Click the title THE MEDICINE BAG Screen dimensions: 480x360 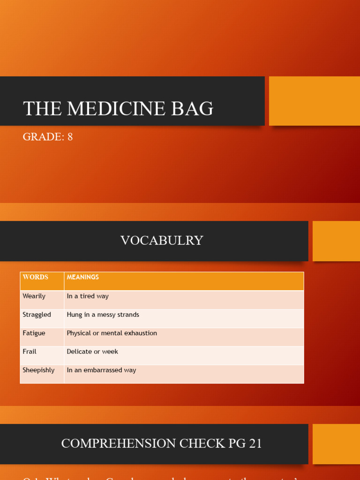pyautogui.click(x=118, y=109)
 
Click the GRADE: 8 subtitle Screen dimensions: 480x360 pyautogui.click(x=48, y=137)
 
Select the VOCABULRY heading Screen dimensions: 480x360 pyautogui.click(x=162, y=240)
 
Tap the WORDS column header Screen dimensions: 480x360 pyautogui.click(x=36, y=277)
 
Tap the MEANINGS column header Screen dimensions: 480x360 pyautogui.click(x=83, y=277)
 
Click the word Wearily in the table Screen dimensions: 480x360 pyautogui.click(x=34, y=296)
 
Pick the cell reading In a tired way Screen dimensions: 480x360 pyautogui.click(x=88, y=296)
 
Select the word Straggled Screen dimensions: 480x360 pyautogui.click(x=37, y=315)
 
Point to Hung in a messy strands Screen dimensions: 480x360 pyautogui.click(x=103, y=315)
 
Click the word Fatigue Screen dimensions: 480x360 pyautogui.click(x=34, y=333)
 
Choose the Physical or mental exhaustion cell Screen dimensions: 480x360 pyautogui.click(x=112, y=333)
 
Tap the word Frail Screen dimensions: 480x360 pyautogui.click(x=30, y=352)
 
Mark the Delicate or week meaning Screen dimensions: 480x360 pyautogui.click(x=92, y=352)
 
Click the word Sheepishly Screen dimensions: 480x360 pyautogui.click(x=38, y=370)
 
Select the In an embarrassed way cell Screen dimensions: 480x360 pyautogui.click(x=101, y=370)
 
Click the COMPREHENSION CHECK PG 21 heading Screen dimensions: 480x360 pyautogui.click(x=162, y=443)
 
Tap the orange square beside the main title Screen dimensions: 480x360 pyautogui.click(x=314, y=101)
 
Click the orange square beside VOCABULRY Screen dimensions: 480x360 pyautogui.click(x=336, y=241)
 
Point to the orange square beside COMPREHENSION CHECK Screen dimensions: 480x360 pyautogui.click(x=336, y=444)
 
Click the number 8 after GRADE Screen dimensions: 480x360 pyautogui.click(x=70, y=137)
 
